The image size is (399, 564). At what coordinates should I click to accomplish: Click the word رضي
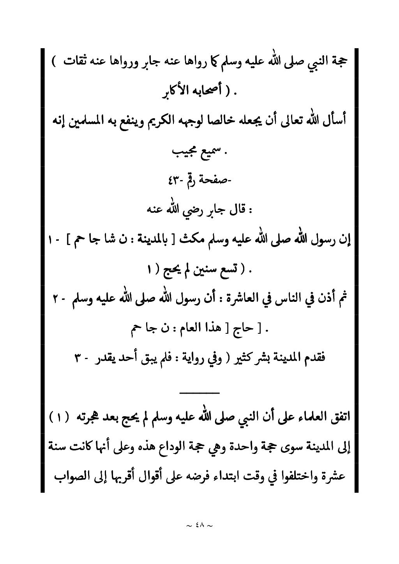[183, 210]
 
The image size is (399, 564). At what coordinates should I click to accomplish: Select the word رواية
[191, 358]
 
